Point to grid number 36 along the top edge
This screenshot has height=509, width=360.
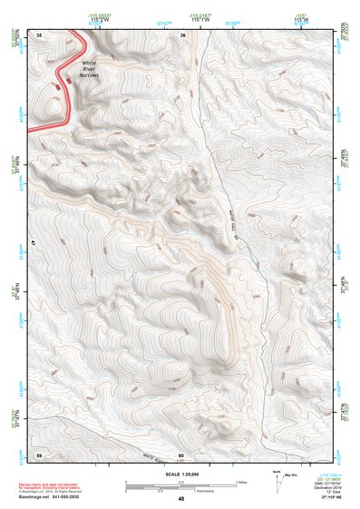coord(183,34)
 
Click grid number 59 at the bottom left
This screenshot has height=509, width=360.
coord(39,454)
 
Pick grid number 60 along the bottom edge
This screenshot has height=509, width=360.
coord(181,455)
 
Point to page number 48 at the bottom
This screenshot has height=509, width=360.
coord(180,499)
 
